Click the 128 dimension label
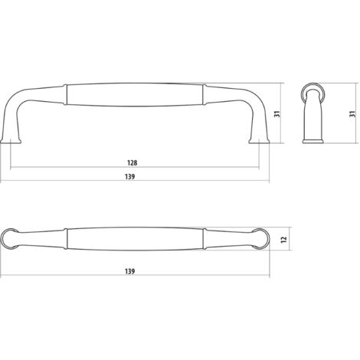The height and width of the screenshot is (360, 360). tap(132, 162)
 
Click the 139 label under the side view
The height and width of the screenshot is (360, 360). tap(130, 177)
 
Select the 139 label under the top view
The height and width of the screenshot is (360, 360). tap(130, 271)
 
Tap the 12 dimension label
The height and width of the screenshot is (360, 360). tap(283, 239)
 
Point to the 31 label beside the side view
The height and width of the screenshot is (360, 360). tap(277, 114)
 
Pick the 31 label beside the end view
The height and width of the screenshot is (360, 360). tap(352, 114)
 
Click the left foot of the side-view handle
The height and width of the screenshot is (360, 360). tap(11, 141)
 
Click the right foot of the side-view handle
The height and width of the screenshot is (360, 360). tap(259, 141)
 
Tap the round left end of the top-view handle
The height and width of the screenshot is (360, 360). tap(10, 238)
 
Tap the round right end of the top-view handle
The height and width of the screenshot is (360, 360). tap(260, 238)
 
